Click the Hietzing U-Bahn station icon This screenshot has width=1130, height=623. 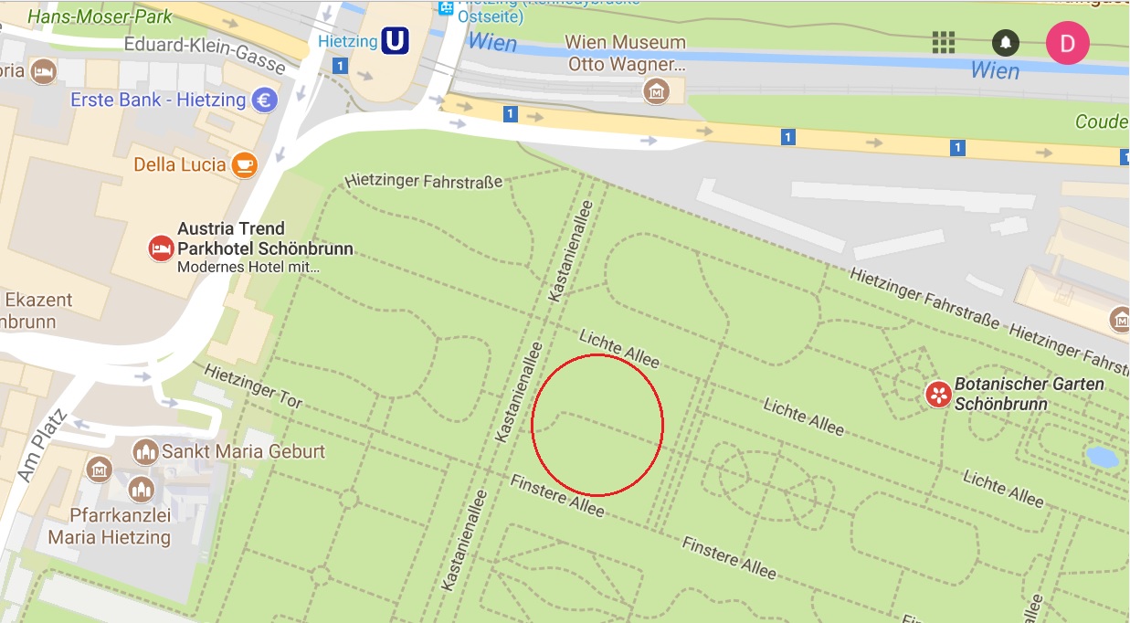tap(395, 41)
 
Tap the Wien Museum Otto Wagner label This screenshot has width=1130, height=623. tap(626, 53)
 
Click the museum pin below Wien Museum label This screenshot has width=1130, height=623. tap(656, 90)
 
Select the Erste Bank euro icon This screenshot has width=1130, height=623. tap(266, 100)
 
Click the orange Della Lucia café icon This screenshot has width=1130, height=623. tap(244, 164)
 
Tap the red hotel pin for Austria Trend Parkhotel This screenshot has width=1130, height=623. tap(162, 248)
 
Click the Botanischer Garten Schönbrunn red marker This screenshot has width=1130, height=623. tap(938, 395)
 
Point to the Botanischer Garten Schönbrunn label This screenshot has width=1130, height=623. tap(1029, 393)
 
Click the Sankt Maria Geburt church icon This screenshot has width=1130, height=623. tap(145, 451)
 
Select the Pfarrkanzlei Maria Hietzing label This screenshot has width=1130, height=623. tap(109, 526)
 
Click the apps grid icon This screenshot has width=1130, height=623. tap(944, 42)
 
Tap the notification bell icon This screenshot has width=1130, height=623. tap(1006, 42)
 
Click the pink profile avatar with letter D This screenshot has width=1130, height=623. tap(1067, 42)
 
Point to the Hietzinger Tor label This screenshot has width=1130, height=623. tap(253, 385)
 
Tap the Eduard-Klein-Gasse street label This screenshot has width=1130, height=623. tap(205, 54)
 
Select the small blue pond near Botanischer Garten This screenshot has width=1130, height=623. tap(1103, 456)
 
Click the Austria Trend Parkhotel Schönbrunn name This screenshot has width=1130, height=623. tap(265, 238)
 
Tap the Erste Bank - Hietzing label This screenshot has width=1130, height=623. tap(158, 100)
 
